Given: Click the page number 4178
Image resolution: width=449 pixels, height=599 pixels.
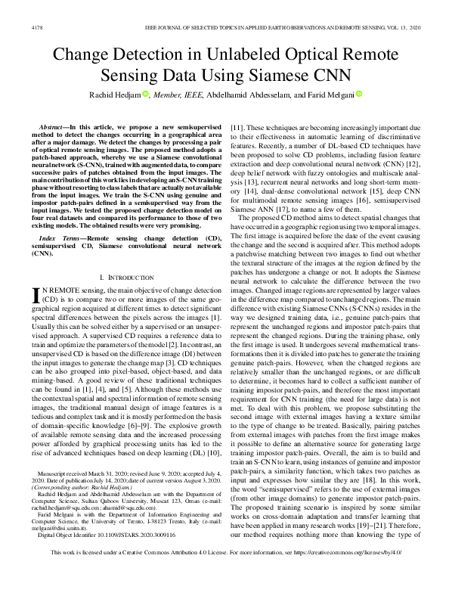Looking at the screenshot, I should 36,26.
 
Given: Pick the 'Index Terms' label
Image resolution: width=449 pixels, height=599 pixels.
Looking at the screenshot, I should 58,216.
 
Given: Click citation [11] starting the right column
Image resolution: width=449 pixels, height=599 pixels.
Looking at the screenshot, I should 237,123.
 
